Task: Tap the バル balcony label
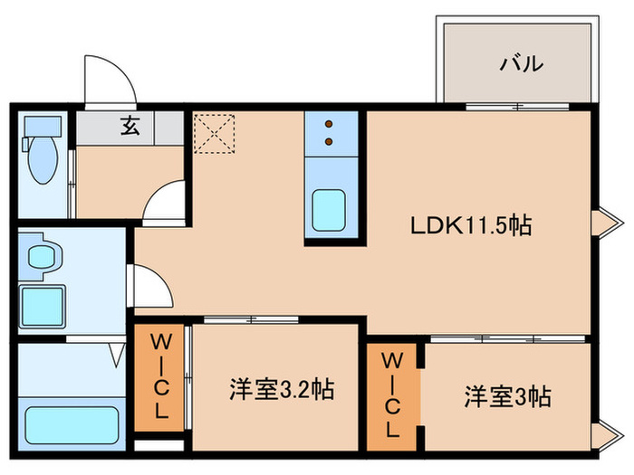coord(522,63)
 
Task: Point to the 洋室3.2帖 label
coord(280,391)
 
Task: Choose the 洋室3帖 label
coord(508,395)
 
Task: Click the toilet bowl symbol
coord(42,158)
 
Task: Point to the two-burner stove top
coord(329,133)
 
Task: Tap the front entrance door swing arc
coord(109,80)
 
